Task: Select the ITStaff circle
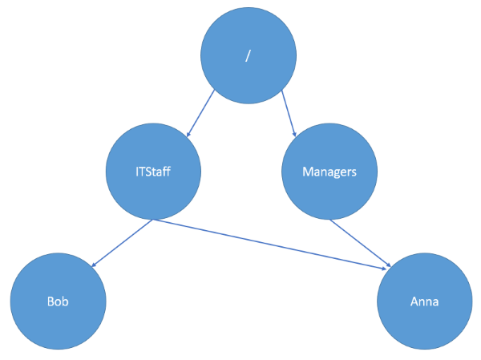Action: tap(152, 172)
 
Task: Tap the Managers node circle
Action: tap(329, 172)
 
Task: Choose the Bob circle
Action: tap(58, 302)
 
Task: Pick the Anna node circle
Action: tap(425, 302)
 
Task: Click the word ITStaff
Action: tap(152, 172)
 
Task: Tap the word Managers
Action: tap(329, 172)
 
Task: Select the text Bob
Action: tap(58, 303)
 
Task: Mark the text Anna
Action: tap(425, 303)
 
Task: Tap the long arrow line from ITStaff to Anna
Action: tap(273, 242)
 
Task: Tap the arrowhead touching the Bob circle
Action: tap(93, 265)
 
